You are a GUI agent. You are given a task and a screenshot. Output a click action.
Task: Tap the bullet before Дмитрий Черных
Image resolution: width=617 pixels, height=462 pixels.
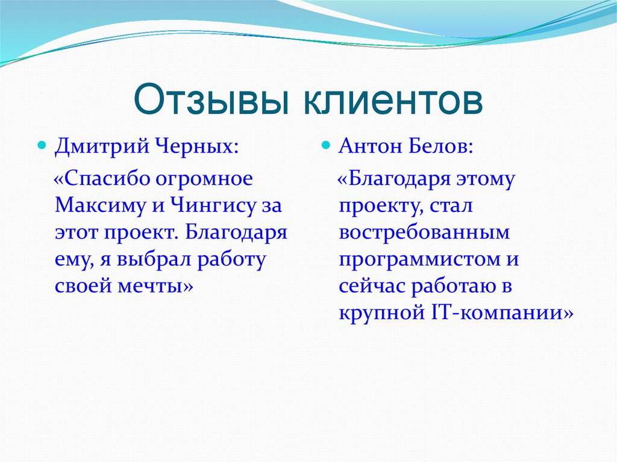click(x=42, y=146)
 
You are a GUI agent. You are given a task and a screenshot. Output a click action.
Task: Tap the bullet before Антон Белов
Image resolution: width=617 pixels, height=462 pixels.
click(x=325, y=146)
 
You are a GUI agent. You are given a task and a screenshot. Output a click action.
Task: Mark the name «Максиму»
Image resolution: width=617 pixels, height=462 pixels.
click(x=99, y=207)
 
